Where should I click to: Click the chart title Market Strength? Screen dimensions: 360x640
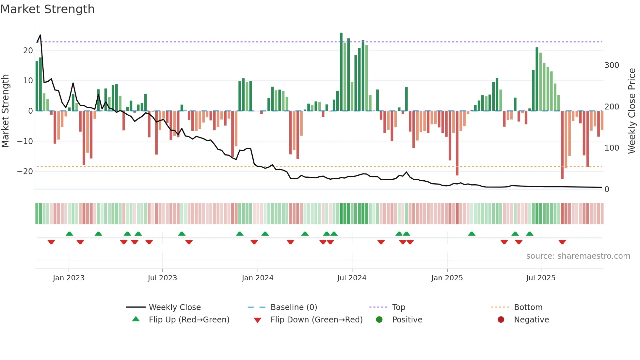[x=47, y=9]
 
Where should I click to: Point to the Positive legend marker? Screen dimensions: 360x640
[x=379, y=320]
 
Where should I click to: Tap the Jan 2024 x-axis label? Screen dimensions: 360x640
[x=257, y=278]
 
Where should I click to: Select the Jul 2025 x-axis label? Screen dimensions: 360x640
[x=540, y=278]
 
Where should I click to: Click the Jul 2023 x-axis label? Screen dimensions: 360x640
[x=162, y=278]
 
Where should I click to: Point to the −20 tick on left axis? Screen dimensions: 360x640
[x=25, y=172]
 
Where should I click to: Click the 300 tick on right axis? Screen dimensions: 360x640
[x=611, y=65]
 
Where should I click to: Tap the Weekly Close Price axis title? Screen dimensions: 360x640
[x=632, y=111]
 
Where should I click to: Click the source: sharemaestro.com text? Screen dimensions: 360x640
[x=578, y=256]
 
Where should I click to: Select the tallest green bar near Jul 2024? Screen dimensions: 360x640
[x=341, y=72]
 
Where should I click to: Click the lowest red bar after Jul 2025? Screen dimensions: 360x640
[x=562, y=145]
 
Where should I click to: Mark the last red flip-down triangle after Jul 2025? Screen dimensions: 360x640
[x=562, y=242]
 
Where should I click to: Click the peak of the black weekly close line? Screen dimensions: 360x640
[x=40, y=35]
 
